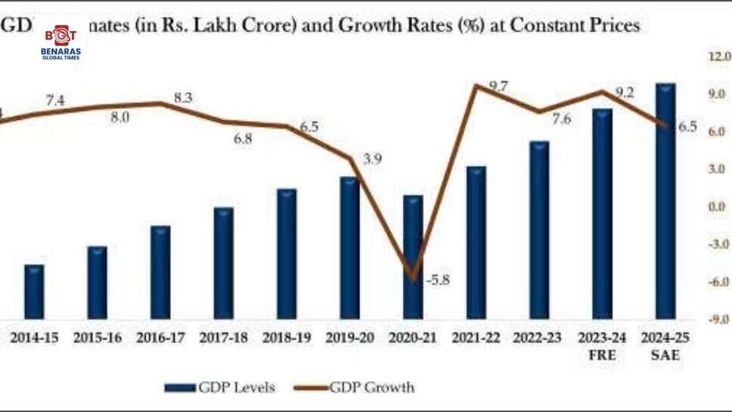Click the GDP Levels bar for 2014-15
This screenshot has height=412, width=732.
point(34,291)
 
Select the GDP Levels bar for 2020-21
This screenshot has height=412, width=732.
point(413,257)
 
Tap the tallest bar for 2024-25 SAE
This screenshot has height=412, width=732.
point(665,200)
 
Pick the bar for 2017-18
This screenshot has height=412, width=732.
point(223,262)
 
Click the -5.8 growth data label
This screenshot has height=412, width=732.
point(437,280)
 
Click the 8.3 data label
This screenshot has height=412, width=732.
point(183,98)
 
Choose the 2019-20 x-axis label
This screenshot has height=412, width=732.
point(349,338)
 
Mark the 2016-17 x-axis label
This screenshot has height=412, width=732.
point(160,338)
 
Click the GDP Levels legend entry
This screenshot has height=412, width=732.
point(220,388)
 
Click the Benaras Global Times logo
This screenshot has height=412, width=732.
point(60,42)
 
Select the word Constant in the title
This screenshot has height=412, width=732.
point(553,25)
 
